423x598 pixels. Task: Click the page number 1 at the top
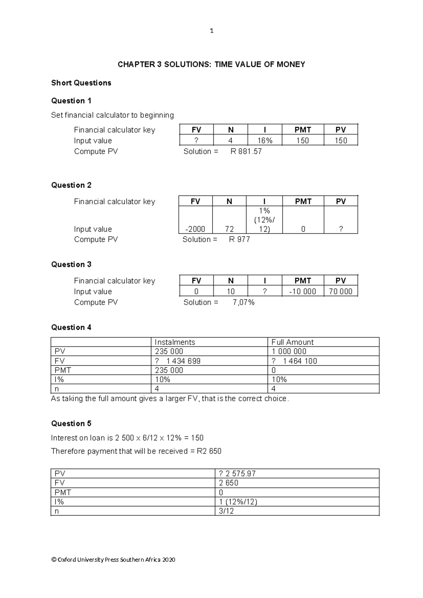(211, 31)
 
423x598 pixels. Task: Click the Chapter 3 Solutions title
(211, 64)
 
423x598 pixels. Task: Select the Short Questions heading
(81, 83)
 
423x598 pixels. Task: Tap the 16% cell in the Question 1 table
(265, 140)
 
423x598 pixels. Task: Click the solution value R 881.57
(246, 151)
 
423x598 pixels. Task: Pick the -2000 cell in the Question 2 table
(195, 229)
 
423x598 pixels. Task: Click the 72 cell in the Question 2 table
(229, 229)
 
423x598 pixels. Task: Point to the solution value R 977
(239, 239)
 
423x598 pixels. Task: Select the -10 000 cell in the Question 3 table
(302, 291)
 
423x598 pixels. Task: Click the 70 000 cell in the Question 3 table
(341, 291)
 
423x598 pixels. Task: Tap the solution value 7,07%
(244, 302)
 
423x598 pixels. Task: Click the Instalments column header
(175, 342)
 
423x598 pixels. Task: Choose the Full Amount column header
(292, 342)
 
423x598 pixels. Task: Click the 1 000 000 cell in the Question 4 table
(289, 351)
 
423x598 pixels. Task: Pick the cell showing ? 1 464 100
(294, 361)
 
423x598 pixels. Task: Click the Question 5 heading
(71, 423)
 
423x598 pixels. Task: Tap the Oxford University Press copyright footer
(113, 560)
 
